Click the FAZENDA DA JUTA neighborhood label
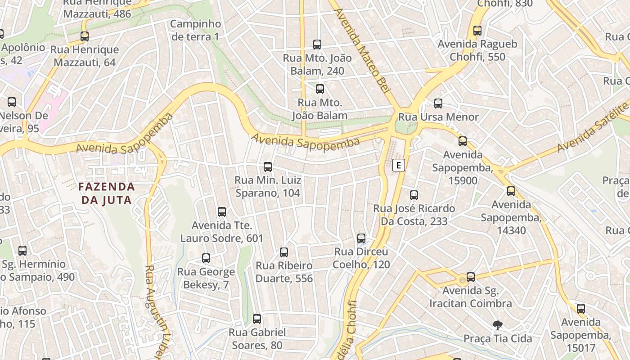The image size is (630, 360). pos(106,193)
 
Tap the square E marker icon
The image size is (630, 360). pos(398,165)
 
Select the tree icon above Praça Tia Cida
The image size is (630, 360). pos(497,325)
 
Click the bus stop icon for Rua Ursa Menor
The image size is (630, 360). pos(438,103)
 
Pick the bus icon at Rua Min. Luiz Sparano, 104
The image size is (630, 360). pos(268,167)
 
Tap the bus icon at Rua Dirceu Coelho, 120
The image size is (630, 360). pos(361,238)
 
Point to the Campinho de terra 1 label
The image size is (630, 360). pos(195,30)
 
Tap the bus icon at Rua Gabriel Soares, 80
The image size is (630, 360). pos(257,319)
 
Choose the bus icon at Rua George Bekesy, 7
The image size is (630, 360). pos(206,258)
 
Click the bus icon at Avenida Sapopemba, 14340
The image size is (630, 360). pos(511,191)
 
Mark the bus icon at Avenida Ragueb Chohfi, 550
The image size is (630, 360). pos(477,31)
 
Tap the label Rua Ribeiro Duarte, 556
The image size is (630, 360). pos(284,272)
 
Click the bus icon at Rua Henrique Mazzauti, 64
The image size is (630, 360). pos(85,36)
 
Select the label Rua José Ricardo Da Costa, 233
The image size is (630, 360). pos(414,215)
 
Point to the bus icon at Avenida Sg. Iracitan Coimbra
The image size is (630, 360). pos(471,277)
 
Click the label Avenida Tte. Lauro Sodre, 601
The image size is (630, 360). pos(222,232)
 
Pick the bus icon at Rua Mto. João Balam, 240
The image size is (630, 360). pos(317,45)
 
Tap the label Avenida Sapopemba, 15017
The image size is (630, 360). pos(580,335)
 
